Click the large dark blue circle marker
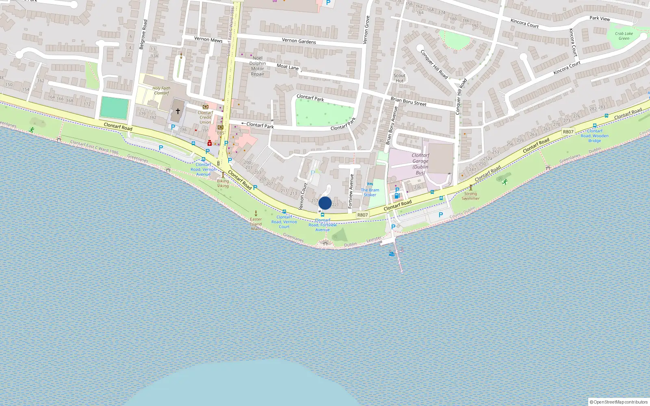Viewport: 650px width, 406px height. (x=325, y=203)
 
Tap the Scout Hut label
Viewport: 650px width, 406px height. (x=399, y=78)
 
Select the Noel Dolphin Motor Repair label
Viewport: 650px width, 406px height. (x=258, y=66)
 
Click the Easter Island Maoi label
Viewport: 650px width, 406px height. (x=256, y=224)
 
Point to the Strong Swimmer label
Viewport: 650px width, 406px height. (x=470, y=196)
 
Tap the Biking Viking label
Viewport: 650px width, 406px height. (x=223, y=184)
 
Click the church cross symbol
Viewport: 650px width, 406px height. (x=178, y=111)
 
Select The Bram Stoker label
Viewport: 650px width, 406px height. (x=370, y=192)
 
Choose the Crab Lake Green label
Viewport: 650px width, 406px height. (x=624, y=36)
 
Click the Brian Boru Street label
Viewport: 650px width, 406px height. (x=408, y=101)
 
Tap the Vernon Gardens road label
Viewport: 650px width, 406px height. (x=299, y=41)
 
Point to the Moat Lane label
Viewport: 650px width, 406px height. (x=288, y=67)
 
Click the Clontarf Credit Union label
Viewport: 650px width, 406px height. (x=205, y=117)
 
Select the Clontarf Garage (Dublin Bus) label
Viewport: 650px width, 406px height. (x=420, y=164)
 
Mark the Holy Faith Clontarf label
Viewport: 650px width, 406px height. (x=161, y=91)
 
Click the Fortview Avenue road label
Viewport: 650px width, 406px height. (x=351, y=191)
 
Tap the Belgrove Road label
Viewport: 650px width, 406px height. (x=143, y=35)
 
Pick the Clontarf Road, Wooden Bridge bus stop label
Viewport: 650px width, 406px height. (x=594, y=136)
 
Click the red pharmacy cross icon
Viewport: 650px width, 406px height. (x=209, y=143)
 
